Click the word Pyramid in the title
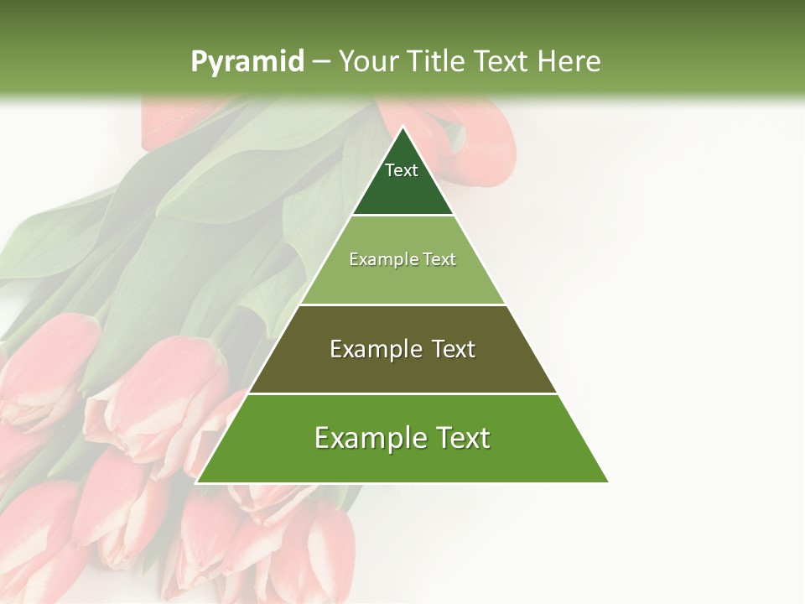coord(247,62)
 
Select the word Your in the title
coord(367,62)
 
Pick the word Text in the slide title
coord(501,62)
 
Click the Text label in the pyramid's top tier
coord(402,171)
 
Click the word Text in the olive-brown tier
coord(454,350)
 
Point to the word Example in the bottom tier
coord(370,439)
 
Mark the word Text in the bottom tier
coord(462,439)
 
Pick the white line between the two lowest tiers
coord(402,393)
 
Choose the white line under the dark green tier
coord(402,216)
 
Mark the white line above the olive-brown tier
coord(402,305)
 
